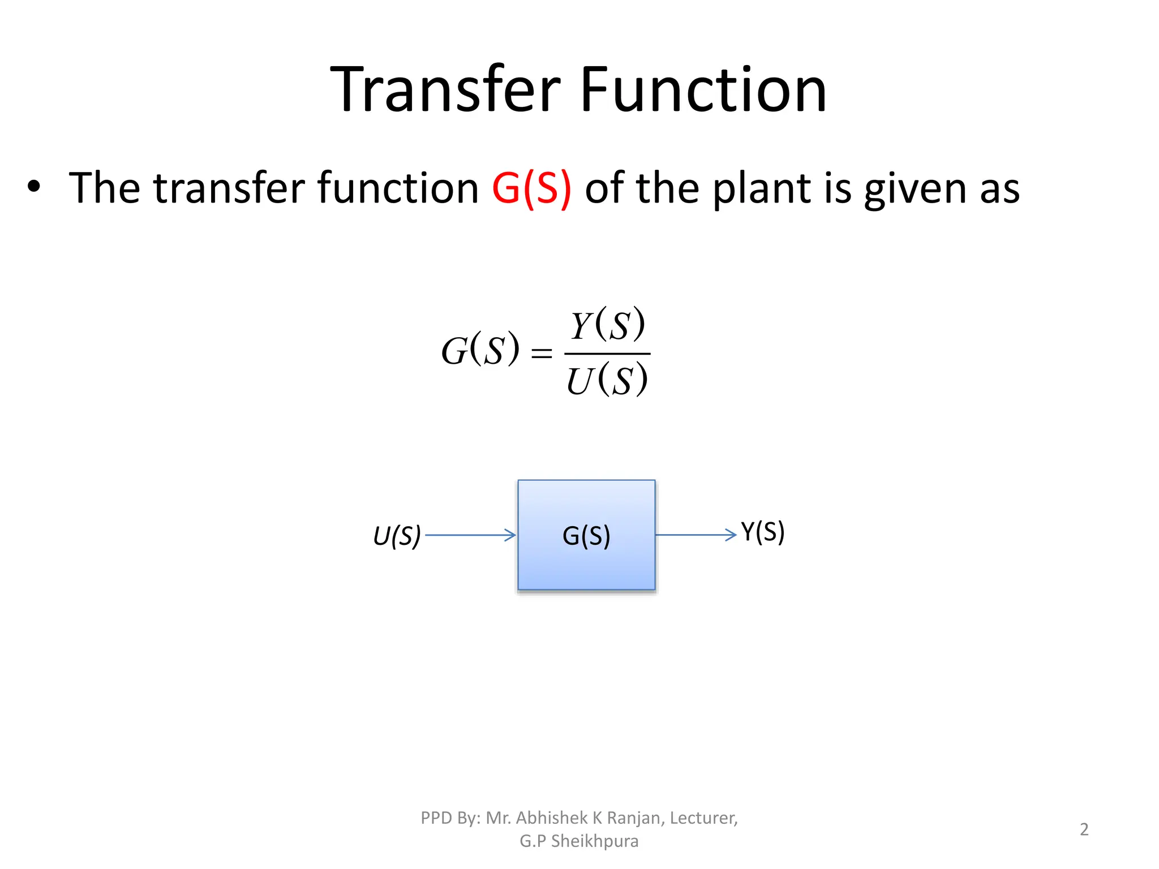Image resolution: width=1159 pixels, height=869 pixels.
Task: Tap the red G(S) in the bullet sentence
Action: click(531, 188)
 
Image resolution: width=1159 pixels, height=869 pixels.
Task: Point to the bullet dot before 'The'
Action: click(34, 187)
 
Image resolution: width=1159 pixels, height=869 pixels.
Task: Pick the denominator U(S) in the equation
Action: click(607, 380)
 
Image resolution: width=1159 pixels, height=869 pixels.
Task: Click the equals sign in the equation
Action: click(541, 354)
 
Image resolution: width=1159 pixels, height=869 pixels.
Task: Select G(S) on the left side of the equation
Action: click(480, 350)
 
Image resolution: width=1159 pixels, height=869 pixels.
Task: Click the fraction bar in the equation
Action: click(607, 354)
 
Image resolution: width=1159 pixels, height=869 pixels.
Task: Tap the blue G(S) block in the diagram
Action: click(586, 535)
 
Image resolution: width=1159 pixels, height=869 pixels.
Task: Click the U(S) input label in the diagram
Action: click(397, 536)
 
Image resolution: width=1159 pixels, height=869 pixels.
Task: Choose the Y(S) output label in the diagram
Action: click(762, 532)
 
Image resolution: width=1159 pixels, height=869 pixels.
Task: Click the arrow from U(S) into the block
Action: click(470, 535)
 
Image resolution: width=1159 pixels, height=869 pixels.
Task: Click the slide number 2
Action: click(1084, 829)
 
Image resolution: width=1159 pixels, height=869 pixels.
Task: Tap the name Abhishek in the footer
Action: click(552, 818)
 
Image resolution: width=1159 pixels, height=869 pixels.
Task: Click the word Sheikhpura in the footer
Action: click(595, 841)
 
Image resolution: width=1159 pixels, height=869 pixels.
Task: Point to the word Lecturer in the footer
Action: click(703, 818)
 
